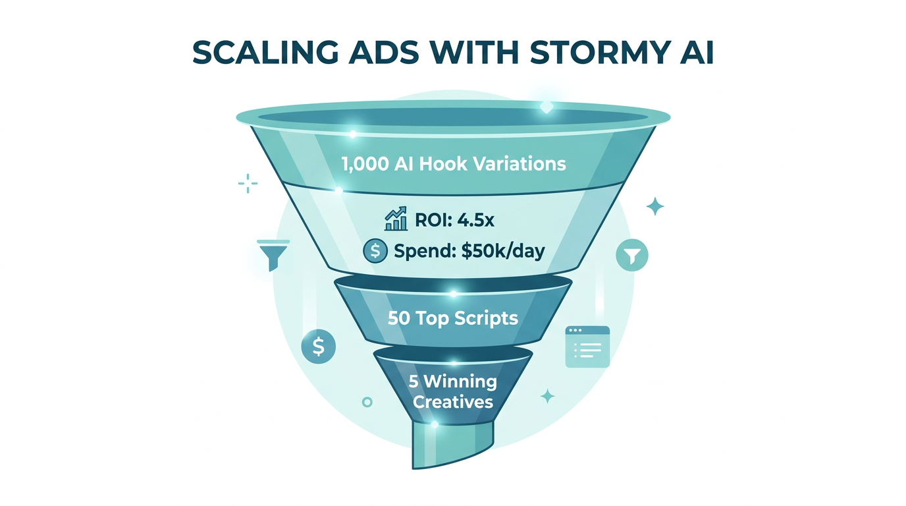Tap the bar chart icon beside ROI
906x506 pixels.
coord(396,219)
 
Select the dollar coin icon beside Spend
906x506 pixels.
coord(375,251)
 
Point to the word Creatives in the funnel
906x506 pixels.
coord(453,401)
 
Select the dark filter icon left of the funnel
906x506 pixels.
coord(269,254)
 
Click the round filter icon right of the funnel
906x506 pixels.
coord(632,256)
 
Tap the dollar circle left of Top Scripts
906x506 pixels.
coord(318,346)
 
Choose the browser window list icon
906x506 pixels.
coord(587,347)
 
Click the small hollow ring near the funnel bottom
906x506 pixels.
coord(367,401)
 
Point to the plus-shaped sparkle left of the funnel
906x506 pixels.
coord(248,183)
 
